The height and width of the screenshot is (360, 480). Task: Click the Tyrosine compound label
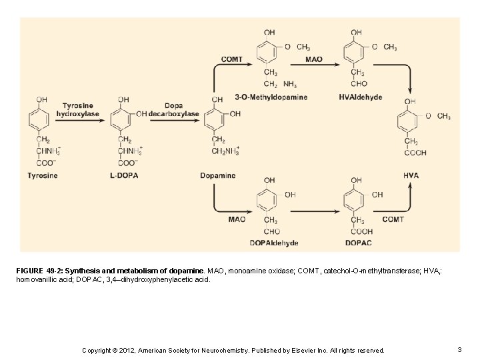(43, 176)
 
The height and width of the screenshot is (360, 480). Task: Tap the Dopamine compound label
(217, 176)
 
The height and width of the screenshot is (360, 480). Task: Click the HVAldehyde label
(361, 97)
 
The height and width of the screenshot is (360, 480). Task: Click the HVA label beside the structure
(411, 175)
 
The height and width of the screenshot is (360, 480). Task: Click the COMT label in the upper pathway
(232, 59)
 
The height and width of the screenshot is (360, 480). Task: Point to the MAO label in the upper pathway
(313, 59)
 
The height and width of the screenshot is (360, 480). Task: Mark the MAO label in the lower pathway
(237, 219)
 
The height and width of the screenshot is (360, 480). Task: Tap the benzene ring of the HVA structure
(412, 120)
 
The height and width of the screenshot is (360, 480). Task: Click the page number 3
(460, 349)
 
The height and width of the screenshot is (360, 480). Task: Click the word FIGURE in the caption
(30, 272)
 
